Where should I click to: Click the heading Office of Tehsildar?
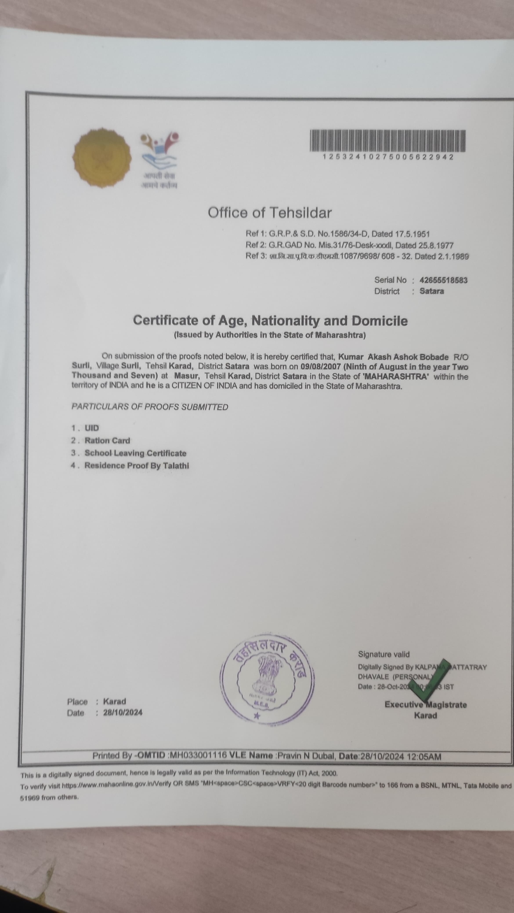point(270,213)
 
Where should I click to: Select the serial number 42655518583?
point(443,280)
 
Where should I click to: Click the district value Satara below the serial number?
point(431,291)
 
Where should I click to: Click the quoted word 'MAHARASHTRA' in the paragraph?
point(396,376)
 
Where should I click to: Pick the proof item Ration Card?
point(107,440)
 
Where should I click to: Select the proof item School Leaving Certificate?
point(135,453)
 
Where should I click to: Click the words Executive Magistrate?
point(425,704)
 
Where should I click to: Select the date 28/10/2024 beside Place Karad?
point(123,712)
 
